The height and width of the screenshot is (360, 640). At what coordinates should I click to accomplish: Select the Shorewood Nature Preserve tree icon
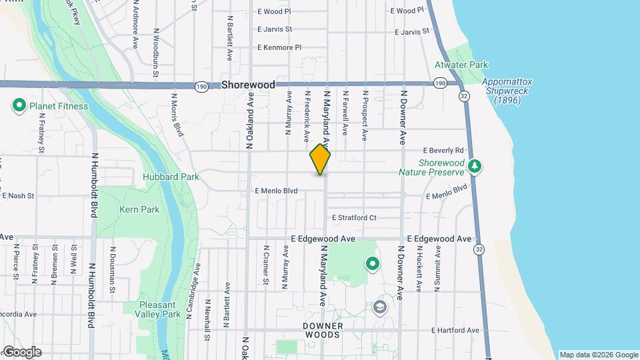474,165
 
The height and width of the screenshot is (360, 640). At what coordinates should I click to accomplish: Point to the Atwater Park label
461,65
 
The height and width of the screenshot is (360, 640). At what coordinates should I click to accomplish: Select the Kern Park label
139,209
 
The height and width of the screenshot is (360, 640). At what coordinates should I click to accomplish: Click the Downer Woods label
323,330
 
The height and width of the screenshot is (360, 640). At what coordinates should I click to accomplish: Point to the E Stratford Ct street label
353,217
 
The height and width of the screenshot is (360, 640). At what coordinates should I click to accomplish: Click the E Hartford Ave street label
455,330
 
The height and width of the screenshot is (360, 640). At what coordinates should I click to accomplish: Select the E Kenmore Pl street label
279,47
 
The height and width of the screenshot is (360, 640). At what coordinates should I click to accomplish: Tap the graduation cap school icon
380,307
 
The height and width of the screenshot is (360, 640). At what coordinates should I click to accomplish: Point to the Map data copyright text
598,355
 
